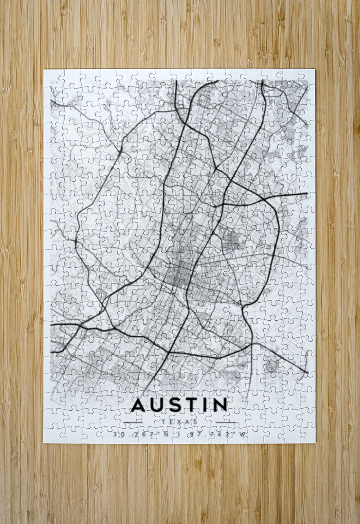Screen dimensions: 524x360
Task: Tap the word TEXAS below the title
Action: click(179, 422)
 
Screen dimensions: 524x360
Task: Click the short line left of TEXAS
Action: click(133, 422)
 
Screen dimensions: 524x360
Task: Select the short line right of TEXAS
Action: click(225, 422)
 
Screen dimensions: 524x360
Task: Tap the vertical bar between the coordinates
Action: click(178, 434)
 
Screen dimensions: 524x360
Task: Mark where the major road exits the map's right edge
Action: click(306, 194)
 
